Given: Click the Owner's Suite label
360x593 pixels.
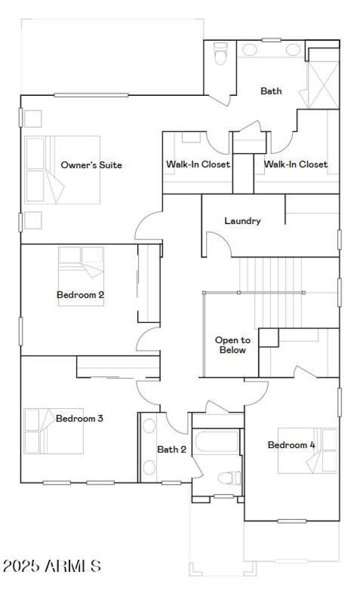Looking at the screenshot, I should pos(91,165).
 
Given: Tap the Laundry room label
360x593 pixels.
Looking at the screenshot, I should pos(243,221).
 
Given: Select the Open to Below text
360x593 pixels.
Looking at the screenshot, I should pos(232,345).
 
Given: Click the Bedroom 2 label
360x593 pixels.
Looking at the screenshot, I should pos(81,295).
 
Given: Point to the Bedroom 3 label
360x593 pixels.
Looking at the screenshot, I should pos(80,418).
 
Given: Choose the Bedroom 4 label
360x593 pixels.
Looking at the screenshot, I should pos(291,445).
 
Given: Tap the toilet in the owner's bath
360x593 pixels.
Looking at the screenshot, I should pos(220,54).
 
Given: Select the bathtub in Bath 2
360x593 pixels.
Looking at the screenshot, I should pos(217,441).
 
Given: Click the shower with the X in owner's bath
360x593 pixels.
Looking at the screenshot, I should pos(323,85).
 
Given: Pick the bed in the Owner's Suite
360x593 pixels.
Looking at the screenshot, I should pos(62,170).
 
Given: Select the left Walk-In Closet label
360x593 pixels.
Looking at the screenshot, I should pos(198,164).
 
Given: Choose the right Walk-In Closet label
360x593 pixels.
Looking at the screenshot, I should pos(296,164).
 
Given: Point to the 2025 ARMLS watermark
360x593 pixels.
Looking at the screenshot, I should pos(52,566).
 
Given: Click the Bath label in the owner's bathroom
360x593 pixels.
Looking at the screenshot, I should pos(271,91).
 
